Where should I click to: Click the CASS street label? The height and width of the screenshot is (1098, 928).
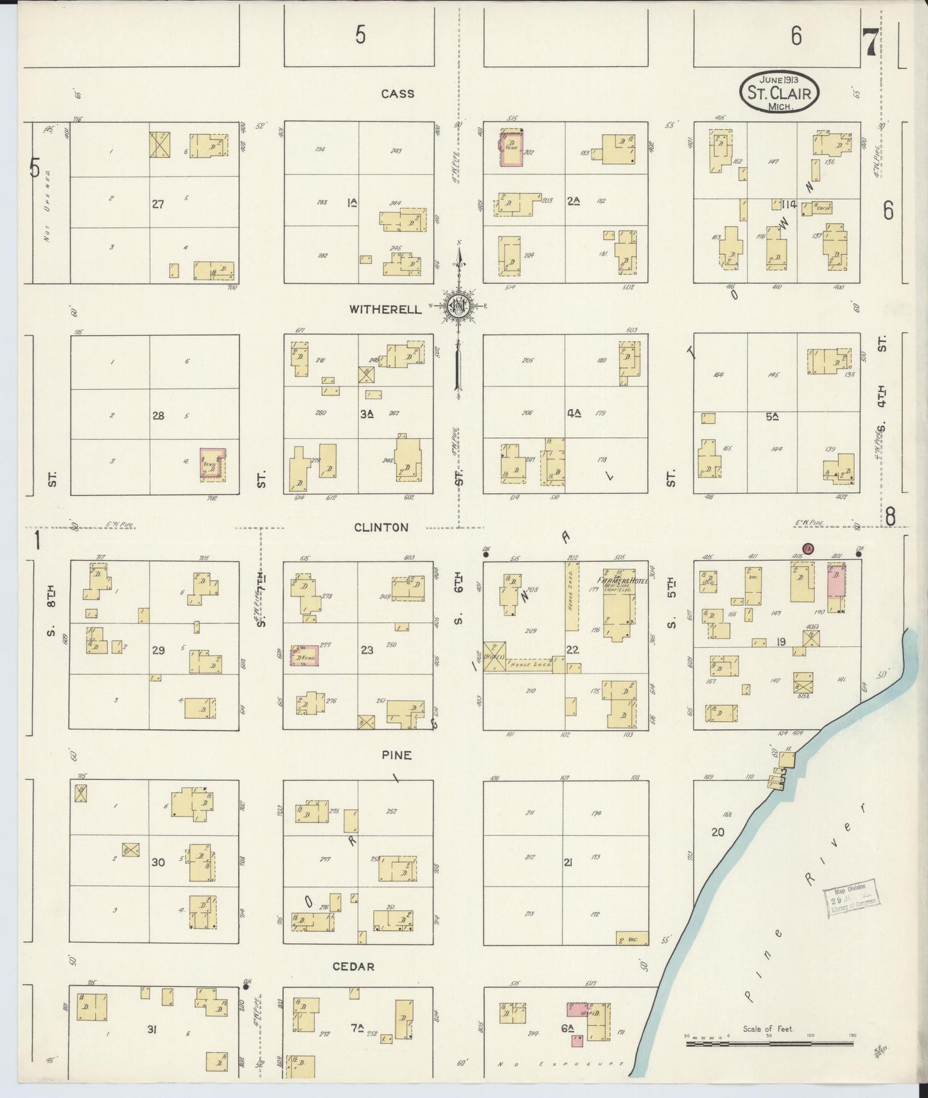click(398, 94)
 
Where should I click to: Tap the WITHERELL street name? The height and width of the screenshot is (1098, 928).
click(385, 309)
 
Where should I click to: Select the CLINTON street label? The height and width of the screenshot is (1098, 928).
click(381, 527)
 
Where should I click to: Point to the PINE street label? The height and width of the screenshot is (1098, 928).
click(396, 755)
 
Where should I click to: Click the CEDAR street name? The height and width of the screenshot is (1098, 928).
click(354, 966)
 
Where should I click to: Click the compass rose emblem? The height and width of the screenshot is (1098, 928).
click(459, 306)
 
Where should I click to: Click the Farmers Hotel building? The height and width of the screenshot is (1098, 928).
click(618, 601)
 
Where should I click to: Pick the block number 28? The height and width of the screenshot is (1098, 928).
click(158, 415)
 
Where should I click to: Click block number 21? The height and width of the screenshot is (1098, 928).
click(568, 862)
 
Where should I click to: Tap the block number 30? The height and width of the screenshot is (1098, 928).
click(158, 862)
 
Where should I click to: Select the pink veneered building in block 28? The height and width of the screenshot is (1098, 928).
click(213, 464)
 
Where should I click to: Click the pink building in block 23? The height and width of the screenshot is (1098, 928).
click(303, 655)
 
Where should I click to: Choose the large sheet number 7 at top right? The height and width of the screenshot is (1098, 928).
click(871, 44)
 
